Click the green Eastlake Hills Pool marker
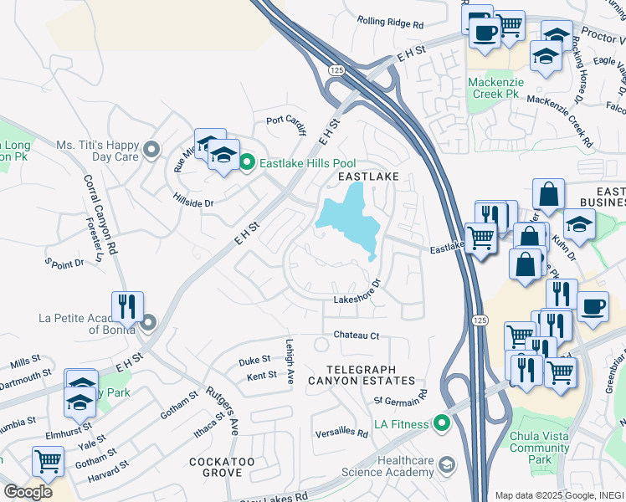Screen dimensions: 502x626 tap(247, 162)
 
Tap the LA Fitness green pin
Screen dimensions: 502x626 tap(440, 424)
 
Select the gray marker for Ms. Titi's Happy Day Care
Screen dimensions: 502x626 tap(151, 150)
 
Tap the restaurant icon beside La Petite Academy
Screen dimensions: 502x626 tap(127, 306)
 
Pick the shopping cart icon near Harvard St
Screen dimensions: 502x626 tap(49, 460)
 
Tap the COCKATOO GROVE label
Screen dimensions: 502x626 tap(222, 468)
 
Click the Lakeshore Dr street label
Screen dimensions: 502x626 tap(357, 299)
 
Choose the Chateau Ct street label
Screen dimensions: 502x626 tap(357, 336)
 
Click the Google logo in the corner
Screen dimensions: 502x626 tap(28, 492)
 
